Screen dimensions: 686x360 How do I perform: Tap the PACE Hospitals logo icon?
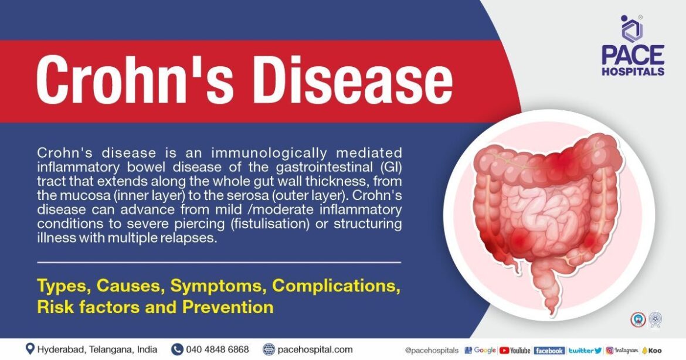tap(632, 29)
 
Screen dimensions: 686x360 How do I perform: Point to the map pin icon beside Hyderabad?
tap(30, 349)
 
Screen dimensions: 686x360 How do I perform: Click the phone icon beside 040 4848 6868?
tap(176, 349)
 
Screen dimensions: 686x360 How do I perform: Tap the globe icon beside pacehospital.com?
tap(269, 349)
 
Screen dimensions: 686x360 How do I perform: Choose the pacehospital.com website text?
tap(315, 350)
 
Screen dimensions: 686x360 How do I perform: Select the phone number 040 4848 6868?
tap(218, 349)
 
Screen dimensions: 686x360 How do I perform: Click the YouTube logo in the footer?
tap(515, 351)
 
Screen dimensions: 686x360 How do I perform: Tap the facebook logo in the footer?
tap(549, 351)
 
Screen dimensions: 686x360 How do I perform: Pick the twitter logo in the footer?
tap(585, 351)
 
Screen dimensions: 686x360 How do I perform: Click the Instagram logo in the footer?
tap(622, 351)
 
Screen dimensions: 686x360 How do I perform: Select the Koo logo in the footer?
tap(652, 351)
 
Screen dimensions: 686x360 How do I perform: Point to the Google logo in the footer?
tap(480, 351)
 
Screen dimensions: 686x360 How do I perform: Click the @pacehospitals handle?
tap(432, 351)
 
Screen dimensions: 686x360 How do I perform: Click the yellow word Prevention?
tap(227, 307)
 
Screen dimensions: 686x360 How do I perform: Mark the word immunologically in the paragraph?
tap(269, 154)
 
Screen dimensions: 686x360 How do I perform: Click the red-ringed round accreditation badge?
tap(638, 320)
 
